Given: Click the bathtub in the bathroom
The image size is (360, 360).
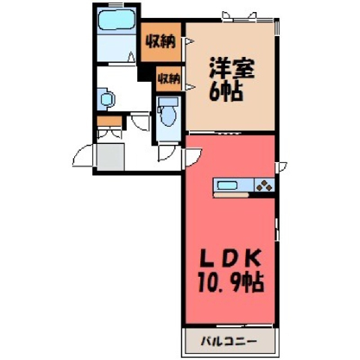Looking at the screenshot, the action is tap(117, 20).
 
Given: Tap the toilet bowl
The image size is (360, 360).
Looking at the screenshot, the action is tap(168, 115).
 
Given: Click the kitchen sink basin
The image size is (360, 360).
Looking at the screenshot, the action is tap(226, 185).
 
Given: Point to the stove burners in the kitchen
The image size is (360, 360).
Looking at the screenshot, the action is tap(265, 185).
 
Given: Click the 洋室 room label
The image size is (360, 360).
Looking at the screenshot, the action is tap(232, 68).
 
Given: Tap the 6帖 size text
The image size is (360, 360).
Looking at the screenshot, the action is tap(226, 91).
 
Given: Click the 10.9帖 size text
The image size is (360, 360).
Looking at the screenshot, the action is tap(230, 283).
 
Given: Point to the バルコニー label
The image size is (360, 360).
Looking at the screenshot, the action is tap(229, 341).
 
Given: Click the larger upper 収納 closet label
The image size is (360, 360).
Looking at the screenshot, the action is tap(160, 42).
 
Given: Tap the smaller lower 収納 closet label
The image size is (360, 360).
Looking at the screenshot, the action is tap(169, 79).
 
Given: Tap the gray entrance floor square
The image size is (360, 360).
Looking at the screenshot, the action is tap(110, 157).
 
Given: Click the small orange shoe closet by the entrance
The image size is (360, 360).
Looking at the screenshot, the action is tap(109, 121).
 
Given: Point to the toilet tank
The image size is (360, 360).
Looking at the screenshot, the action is tap(168, 101).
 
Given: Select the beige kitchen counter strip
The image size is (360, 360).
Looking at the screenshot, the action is tap(231, 195).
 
